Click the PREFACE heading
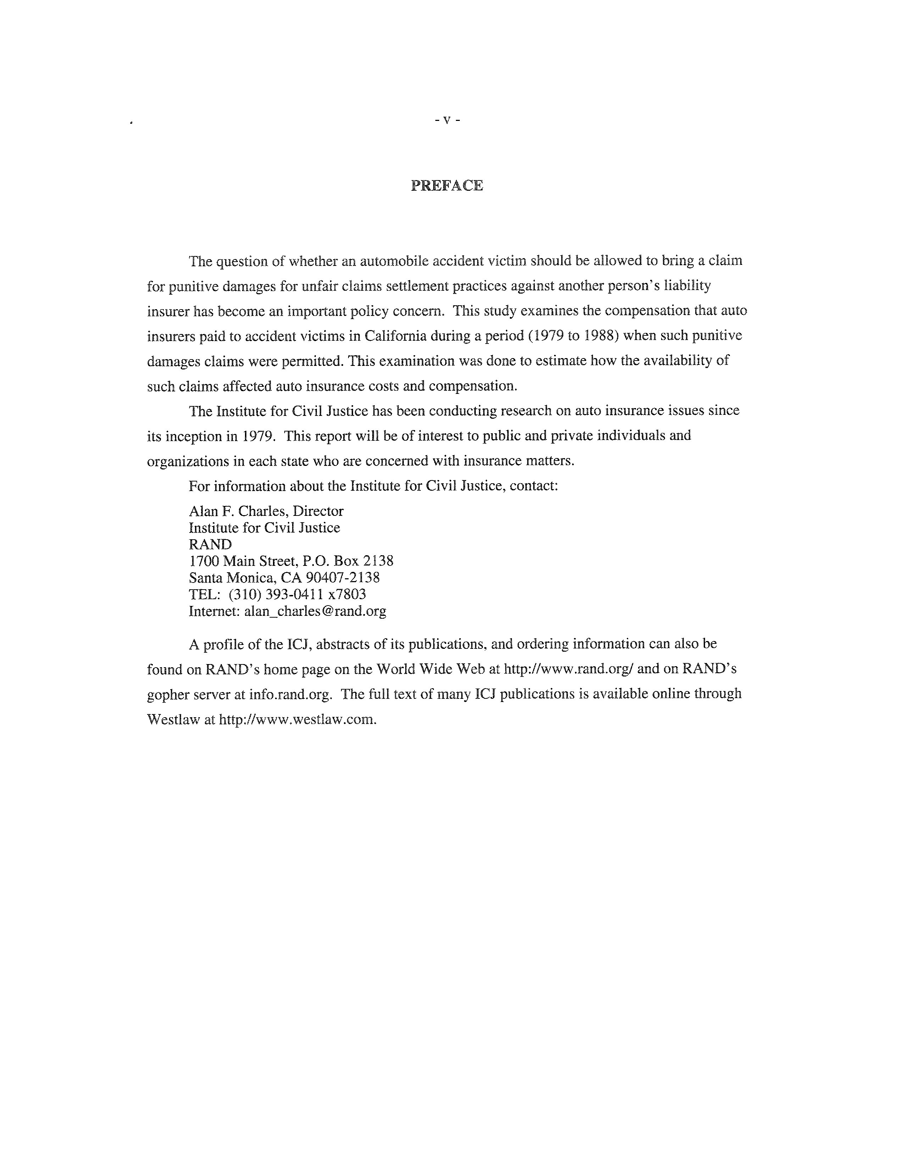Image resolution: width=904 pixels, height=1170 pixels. click(447, 185)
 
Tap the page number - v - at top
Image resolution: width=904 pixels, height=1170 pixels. click(447, 121)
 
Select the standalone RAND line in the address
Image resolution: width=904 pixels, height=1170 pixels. click(210, 544)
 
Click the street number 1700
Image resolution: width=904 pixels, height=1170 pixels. click(203, 561)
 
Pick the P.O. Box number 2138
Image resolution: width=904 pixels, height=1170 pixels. click(378, 561)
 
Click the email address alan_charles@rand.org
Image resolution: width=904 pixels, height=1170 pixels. click(315, 611)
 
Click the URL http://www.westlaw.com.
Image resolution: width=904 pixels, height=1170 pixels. click(298, 719)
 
